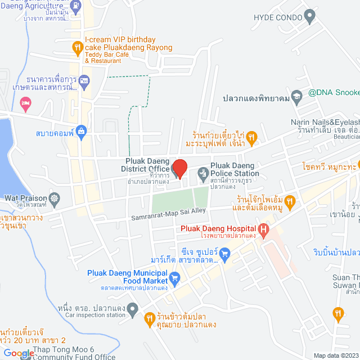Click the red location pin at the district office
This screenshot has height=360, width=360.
179,169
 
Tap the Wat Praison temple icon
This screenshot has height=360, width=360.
54,198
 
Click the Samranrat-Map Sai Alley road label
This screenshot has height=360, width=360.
169,213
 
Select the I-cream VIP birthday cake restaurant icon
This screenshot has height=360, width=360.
78,49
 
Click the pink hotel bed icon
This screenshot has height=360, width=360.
25,104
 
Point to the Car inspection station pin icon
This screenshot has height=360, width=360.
133,308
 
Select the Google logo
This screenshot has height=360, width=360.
18,353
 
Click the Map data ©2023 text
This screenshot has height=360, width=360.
335,355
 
